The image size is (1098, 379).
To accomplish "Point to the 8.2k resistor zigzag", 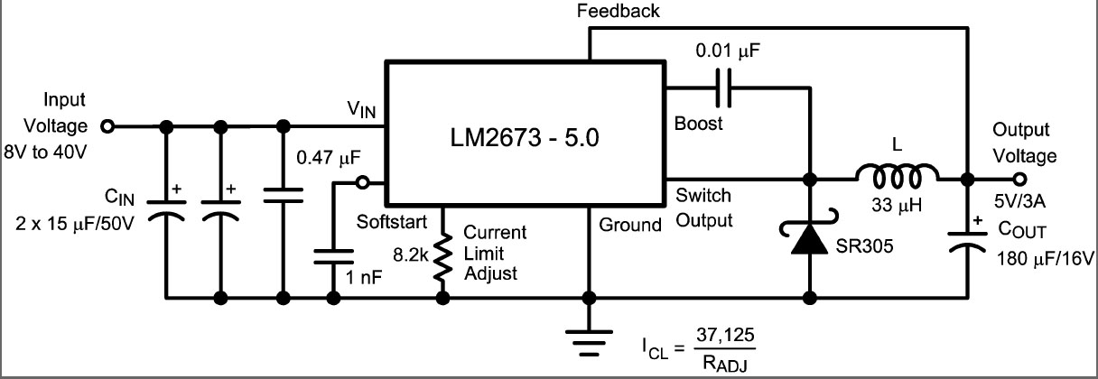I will pyautogui.click(x=442, y=258).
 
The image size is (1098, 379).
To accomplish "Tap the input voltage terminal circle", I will pyautogui.click(x=107, y=127).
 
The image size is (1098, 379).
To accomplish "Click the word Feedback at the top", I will pyautogui.click(x=619, y=11).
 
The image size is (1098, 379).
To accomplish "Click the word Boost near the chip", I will pyautogui.click(x=698, y=124).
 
